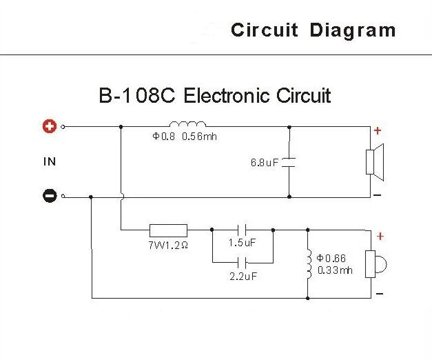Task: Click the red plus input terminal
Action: tap(49, 127)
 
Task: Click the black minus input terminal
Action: tap(49, 197)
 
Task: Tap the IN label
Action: tap(49, 162)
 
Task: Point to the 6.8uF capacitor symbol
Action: tap(289, 162)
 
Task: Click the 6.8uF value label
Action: tap(265, 163)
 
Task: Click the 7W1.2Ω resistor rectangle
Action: tap(168, 230)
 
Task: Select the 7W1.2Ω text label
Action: tap(167, 245)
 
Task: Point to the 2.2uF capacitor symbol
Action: tap(241, 262)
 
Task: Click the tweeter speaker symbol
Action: tap(375, 264)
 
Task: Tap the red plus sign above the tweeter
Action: tap(379, 236)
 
